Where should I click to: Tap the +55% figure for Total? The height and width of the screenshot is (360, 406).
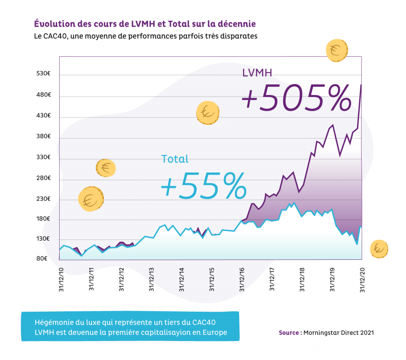coord(203,187)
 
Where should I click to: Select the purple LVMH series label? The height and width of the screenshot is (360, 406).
coord(257,72)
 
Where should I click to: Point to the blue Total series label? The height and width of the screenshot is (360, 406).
coord(175,159)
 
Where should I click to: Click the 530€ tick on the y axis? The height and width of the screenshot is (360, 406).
coord(43,74)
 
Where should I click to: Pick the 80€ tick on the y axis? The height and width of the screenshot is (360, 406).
coord(43,259)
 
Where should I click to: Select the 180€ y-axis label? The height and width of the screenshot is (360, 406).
coord(43,219)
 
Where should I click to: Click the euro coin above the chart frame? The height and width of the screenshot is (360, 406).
coord(337,51)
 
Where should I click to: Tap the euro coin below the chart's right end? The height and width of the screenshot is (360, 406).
coord(379,249)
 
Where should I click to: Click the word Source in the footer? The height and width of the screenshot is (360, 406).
coord(289,333)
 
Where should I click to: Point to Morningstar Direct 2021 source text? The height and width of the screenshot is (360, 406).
coord(338,333)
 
